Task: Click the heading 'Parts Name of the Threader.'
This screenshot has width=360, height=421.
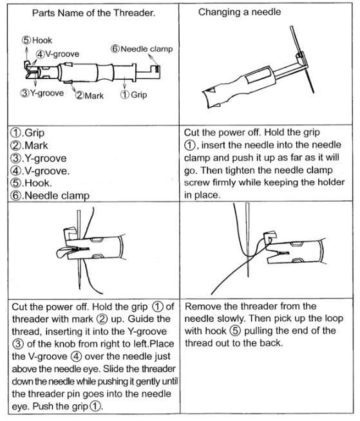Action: pos(94,13)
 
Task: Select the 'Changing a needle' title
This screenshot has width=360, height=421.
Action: pos(240,12)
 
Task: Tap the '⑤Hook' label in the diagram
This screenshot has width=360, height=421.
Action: pos(37,41)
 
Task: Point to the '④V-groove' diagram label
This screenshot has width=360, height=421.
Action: pos(58,54)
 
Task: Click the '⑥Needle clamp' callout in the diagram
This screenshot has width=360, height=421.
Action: pos(142,49)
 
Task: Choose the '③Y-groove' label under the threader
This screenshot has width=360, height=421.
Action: pos(43,93)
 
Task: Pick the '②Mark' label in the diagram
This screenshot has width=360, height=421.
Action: pos(90,95)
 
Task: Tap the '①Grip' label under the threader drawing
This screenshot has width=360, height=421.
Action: pos(133,95)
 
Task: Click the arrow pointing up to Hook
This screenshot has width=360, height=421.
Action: pos(26,54)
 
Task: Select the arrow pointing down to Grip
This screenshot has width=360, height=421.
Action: pos(124,82)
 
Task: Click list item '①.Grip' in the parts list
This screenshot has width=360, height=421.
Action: pos(28,133)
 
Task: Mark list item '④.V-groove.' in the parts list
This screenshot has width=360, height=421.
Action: pos(40,171)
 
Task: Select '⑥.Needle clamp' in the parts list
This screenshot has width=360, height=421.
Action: pos(50,196)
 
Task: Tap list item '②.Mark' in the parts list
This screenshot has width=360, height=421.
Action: pos(29,145)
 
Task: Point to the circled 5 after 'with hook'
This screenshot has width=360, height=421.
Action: pos(235,331)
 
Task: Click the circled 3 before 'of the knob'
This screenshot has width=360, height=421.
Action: pos(17,344)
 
